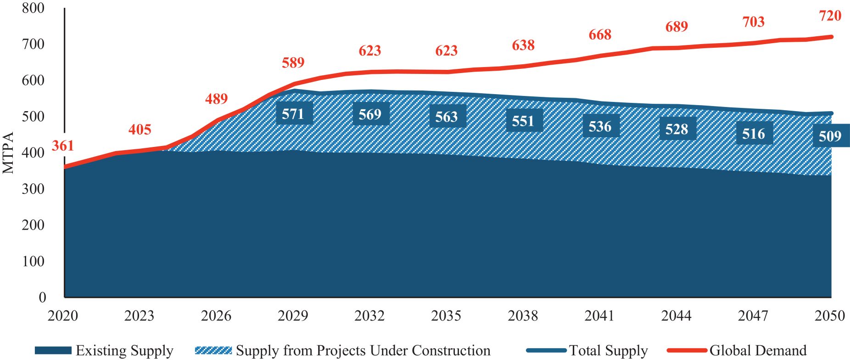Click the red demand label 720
tap(830, 16)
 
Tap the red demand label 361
tap(62, 146)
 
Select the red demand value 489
tap(216, 99)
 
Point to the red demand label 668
tap(600, 35)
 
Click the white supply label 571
tap(293, 113)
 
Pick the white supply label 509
tap(830, 136)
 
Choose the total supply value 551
tap(523, 121)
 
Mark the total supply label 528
tap(677, 129)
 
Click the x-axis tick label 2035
tap(446, 316)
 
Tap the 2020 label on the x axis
tap(63, 316)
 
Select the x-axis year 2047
tap(753, 316)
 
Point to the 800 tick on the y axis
tap(33, 8)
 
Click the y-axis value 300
tap(33, 189)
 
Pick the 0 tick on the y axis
tap(42, 297)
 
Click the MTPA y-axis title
tap(9, 152)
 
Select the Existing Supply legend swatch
tap(53, 351)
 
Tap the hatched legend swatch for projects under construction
tap(213, 351)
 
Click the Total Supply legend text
tap(608, 351)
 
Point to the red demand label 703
tap(753, 22)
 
